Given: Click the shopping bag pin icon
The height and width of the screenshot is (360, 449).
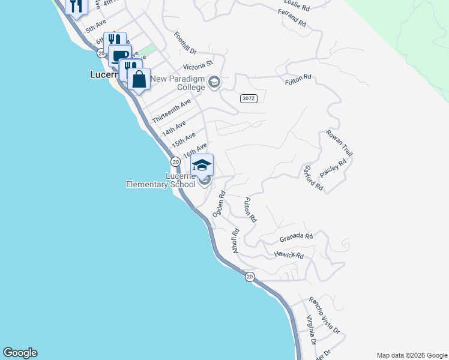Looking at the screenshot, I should [x=139, y=79].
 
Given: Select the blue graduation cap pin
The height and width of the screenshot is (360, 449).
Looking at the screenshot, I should [x=202, y=165].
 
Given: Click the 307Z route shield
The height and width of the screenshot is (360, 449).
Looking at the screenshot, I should [x=249, y=98].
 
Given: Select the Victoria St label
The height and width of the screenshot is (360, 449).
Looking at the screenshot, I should [x=199, y=64].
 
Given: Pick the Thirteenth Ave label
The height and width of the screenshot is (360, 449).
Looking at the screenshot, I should [x=171, y=111].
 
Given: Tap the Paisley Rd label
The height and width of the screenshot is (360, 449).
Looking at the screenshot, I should [x=334, y=168].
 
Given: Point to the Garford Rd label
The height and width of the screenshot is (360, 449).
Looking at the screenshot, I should [x=313, y=178].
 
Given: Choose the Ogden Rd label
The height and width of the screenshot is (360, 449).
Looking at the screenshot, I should [x=218, y=203].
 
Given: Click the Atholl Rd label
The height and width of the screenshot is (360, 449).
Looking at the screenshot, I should [x=235, y=241].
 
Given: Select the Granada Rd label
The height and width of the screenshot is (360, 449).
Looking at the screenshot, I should [x=297, y=238].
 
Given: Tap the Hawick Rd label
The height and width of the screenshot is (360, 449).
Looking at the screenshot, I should [x=289, y=256].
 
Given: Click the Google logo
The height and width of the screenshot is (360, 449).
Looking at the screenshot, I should [x=20, y=353].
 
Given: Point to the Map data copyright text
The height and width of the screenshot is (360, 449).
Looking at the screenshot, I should [x=411, y=355].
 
